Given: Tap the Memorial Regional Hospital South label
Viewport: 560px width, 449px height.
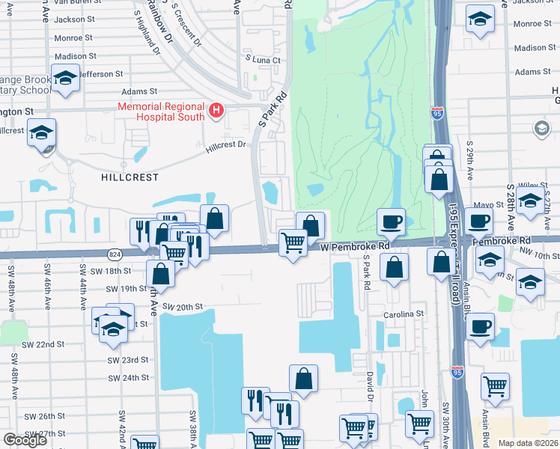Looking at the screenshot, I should click(x=162, y=112).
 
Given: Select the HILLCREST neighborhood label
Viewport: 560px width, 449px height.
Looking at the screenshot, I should click(x=131, y=177).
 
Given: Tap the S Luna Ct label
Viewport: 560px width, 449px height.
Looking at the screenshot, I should click(x=262, y=60).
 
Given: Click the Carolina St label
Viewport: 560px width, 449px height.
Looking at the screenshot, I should click(x=404, y=314).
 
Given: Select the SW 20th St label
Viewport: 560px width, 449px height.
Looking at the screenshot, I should click(x=183, y=307).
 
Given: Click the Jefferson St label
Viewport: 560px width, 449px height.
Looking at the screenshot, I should click(x=103, y=74).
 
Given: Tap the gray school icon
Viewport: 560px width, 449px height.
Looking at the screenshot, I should click(x=541, y=129).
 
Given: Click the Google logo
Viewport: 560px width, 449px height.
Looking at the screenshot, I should click(x=25, y=440).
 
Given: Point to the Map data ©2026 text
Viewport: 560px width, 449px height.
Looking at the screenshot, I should click(x=528, y=443).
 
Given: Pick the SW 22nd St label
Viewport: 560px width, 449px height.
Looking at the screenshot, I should click(x=43, y=344).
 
